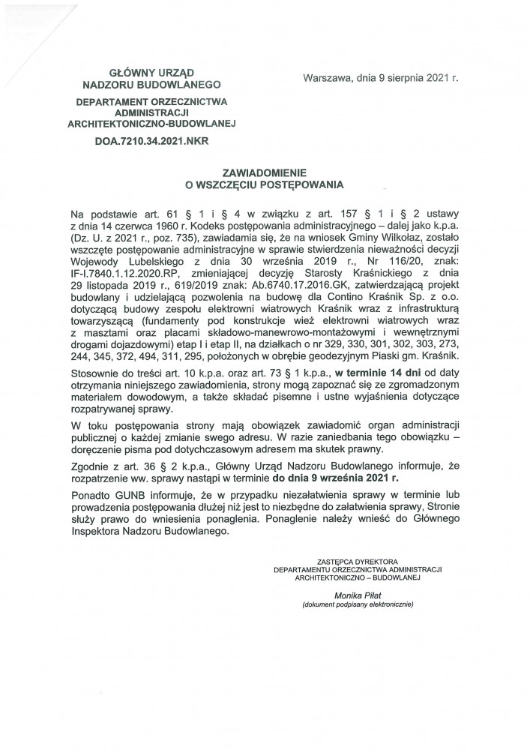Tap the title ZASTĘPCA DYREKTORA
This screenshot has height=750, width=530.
[358, 560]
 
